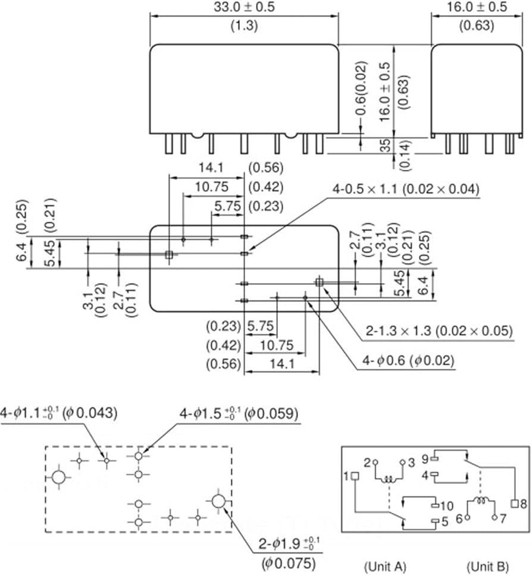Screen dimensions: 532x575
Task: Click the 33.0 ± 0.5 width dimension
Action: pos(244,7)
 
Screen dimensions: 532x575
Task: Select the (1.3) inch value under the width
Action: pos(244,26)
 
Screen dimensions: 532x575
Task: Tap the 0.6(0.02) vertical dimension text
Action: pos(361,88)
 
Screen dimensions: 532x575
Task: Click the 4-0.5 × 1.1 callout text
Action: pos(406,189)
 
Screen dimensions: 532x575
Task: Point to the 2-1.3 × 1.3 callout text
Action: pos(439,331)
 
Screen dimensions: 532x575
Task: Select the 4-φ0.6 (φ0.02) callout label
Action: pos(408,360)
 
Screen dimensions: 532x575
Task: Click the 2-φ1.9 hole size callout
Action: pos(289,544)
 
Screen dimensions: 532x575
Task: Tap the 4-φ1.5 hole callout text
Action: pos(239,414)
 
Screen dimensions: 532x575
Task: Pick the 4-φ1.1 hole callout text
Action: pos(58,413)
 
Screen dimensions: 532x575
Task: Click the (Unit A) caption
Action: pos(385,566)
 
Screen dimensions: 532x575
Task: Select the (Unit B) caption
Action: pos(488,566)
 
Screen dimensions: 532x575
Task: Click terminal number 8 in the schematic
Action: pos(523,504)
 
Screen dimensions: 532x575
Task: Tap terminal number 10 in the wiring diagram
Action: pos(446,506)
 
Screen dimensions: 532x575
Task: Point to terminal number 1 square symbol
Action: pos(355,476)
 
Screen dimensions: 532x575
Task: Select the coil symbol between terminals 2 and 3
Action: pos(389,479)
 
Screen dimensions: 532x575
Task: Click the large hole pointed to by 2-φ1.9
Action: pos(218,501)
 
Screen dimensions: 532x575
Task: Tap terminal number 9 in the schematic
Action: pos(425,459)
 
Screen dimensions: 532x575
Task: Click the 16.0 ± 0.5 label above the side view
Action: pos(477,7)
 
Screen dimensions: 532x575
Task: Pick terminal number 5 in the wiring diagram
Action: pos(445,521)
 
